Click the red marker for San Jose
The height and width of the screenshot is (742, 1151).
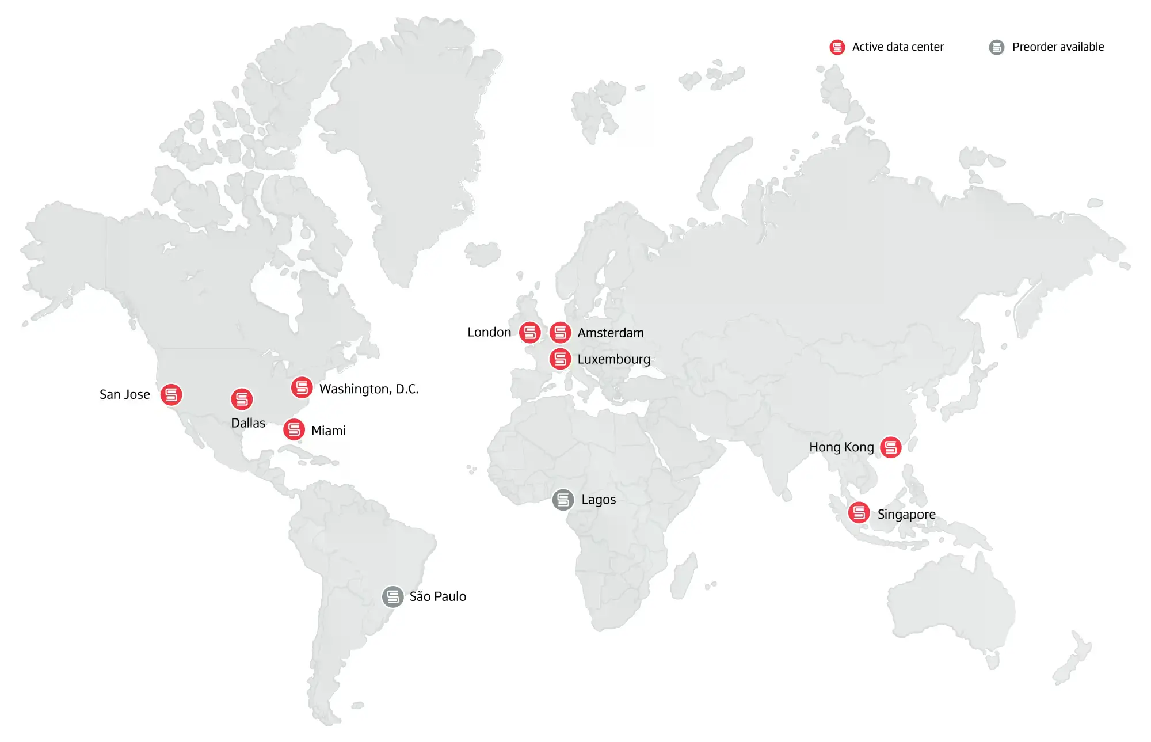click(171, 395)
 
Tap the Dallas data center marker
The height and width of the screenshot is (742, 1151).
click(242, 399)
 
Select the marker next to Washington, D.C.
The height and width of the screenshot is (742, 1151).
click(302, 387)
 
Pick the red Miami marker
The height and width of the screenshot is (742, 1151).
click(294, 429)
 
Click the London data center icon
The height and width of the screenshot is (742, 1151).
click(529, 332)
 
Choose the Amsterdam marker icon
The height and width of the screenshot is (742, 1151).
click(560, 332)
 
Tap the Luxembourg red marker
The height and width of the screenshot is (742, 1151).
click(560, 359)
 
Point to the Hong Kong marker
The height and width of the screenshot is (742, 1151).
click(891, 447)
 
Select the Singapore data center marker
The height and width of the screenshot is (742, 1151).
click(859, 512)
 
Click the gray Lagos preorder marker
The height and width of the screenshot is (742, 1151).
click(563, 500)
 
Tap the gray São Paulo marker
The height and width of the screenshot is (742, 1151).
click(392, 596)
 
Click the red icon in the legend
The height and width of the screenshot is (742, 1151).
click(837, 47)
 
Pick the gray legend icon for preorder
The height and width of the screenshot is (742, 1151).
click(997, 47)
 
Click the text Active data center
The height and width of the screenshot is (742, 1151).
click(898, 47)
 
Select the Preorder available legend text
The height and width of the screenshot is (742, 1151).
click(1058, 47)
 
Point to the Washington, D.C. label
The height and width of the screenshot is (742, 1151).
click(369, 389)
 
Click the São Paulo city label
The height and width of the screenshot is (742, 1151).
click(437, 596)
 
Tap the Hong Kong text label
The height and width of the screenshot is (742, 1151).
click(841, 447)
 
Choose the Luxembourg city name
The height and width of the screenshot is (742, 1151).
click(613, 359)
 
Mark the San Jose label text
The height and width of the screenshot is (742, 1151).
click(124, 395)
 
